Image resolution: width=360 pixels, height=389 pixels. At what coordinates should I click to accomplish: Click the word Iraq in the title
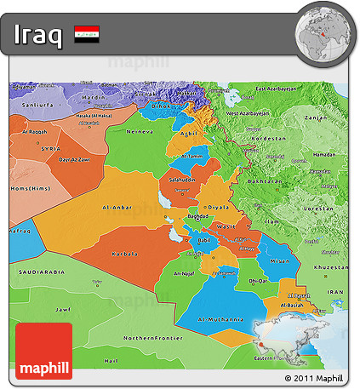[37, 36]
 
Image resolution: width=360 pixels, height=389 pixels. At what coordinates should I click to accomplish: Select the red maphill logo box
[43, 351]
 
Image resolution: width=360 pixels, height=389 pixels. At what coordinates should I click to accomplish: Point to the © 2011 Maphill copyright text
[314, 378]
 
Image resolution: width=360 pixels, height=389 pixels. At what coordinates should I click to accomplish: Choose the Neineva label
[140, 133]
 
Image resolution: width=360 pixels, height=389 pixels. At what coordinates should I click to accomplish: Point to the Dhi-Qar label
[257, 280]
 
